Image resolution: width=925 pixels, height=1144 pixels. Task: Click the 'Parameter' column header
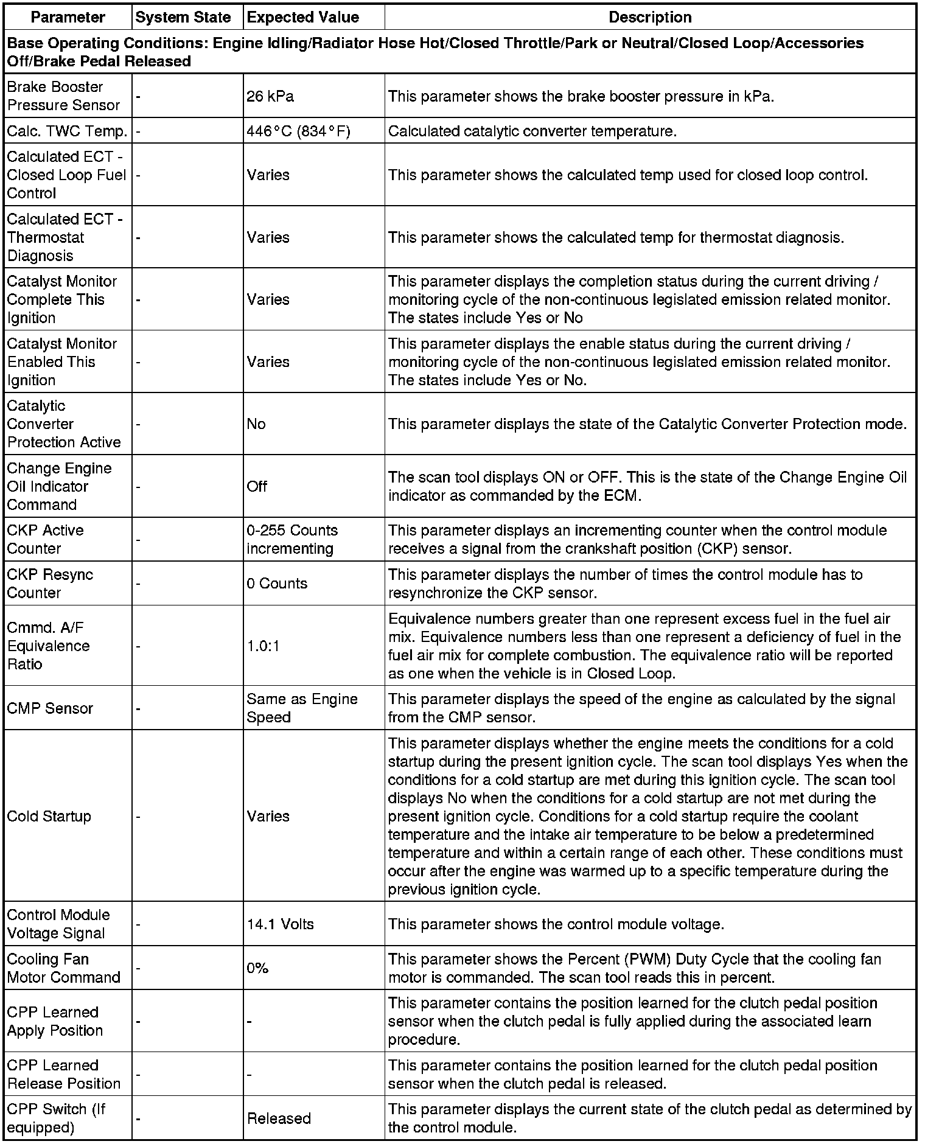[68, 18]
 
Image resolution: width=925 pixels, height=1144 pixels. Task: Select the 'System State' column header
[183, 18]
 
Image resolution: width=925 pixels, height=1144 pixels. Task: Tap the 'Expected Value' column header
[302, 18]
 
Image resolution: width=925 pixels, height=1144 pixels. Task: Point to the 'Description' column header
[650, 18]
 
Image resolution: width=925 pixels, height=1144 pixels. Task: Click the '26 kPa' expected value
[270, 96]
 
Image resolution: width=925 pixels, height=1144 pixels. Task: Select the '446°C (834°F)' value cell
[298, 131]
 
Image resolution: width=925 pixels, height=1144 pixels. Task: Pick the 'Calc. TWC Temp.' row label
[67, 131]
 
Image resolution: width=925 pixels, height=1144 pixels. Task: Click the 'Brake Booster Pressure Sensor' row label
[63, 96]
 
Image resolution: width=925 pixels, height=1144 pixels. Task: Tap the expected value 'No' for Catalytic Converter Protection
[256, 424]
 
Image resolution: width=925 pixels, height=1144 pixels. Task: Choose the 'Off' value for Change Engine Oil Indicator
[257, 486]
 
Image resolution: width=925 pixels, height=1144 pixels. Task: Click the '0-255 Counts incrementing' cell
[292, 539]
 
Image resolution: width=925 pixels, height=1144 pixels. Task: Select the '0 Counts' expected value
[277, 583]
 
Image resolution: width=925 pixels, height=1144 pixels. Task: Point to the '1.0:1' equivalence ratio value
[263, 646]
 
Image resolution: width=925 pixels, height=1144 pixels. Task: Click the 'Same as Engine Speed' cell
[302, 708]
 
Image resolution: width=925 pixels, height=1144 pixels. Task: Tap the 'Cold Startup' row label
[49, 816]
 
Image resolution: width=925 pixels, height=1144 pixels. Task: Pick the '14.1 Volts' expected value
[280, 924]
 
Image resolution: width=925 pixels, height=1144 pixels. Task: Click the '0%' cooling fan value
[257, 968]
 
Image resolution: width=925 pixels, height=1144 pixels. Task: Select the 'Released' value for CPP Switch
[279, 1118]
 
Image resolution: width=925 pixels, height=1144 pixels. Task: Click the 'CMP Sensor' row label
[50, 708]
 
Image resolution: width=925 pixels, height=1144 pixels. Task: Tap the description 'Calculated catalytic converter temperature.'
[532, 131]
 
